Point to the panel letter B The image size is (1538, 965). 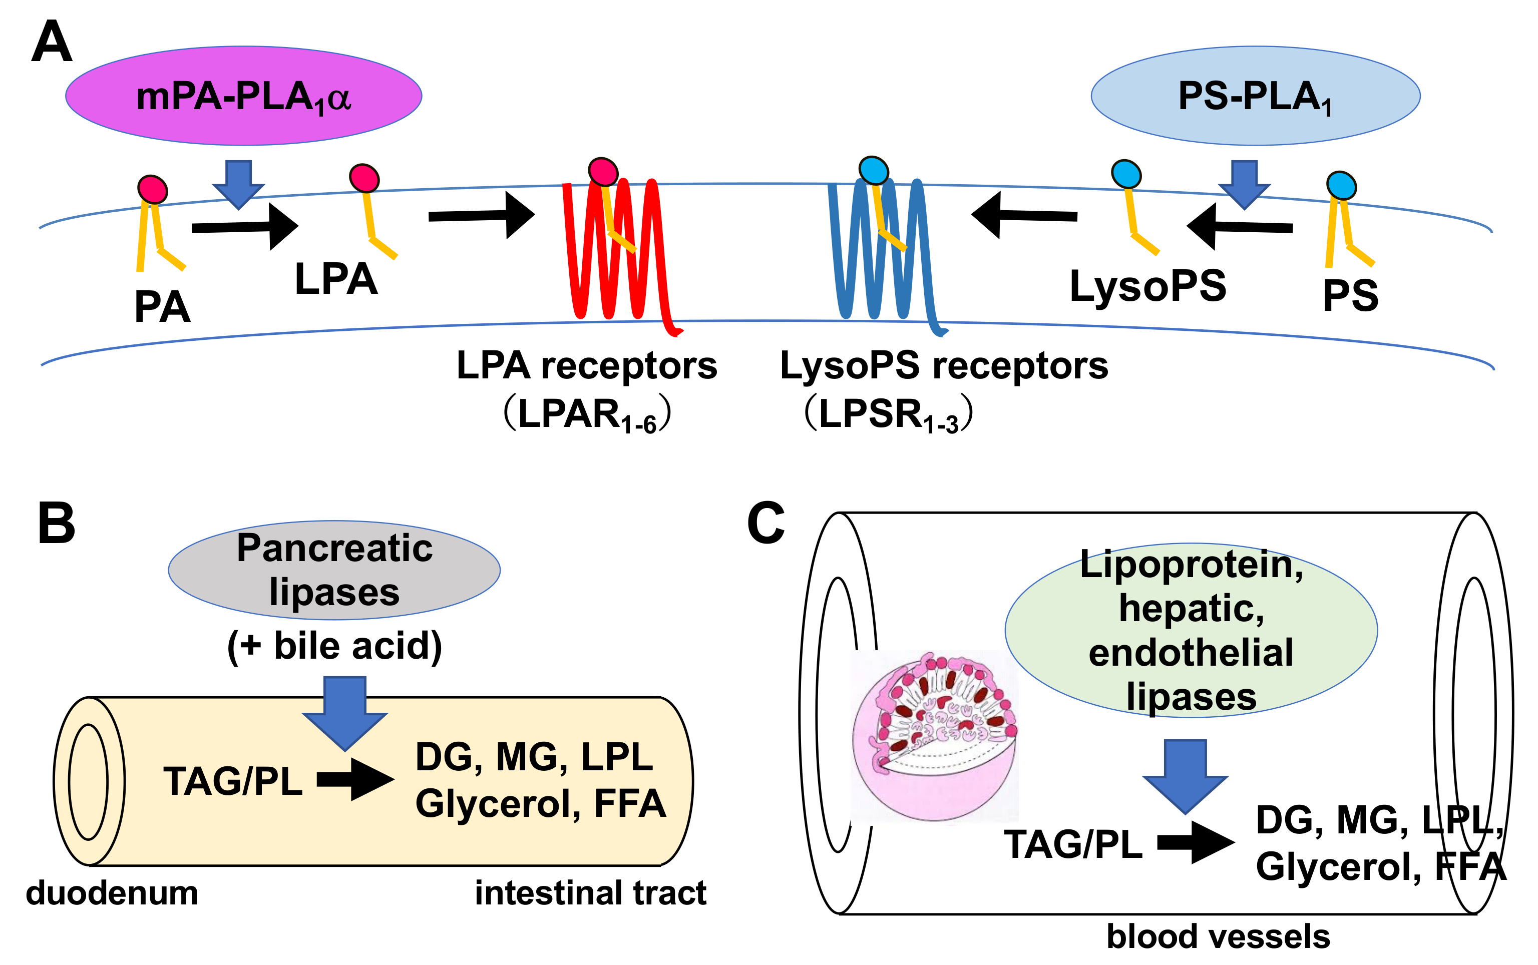(x=56, y=524)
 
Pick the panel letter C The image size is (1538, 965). (x=765, y=524)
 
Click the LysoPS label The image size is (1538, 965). (x=1147, y=286)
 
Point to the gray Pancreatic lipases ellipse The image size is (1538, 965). (x=334, y=570)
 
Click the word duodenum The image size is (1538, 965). (x=112, y=892)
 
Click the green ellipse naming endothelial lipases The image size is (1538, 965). (x=1191, y=631)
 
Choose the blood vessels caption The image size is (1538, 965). (x=1218, y=936)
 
